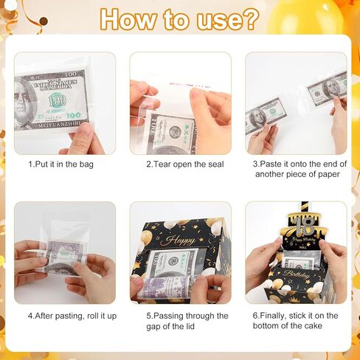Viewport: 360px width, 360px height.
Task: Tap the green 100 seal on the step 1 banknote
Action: (x=57, y=100)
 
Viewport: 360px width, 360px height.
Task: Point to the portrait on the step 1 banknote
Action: (x=24, y=103)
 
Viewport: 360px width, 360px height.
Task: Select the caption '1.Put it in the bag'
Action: (x=60, y=165)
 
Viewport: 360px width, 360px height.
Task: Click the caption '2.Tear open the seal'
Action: (x=185, y=165)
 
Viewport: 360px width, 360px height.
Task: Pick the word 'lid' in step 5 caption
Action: (x=190, y=326)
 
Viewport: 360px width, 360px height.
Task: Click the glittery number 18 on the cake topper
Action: (x=304, y=226)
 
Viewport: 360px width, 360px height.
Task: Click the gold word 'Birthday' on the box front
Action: (x=296, y=274)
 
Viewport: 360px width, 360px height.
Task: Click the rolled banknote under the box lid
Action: (x=167, y=287)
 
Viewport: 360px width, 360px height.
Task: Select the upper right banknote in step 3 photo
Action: (x=328, y=89)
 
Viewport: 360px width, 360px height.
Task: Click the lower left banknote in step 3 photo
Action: (x=266, y=116)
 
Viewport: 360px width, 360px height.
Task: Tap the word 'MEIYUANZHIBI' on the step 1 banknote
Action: (x=59, y=125)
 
